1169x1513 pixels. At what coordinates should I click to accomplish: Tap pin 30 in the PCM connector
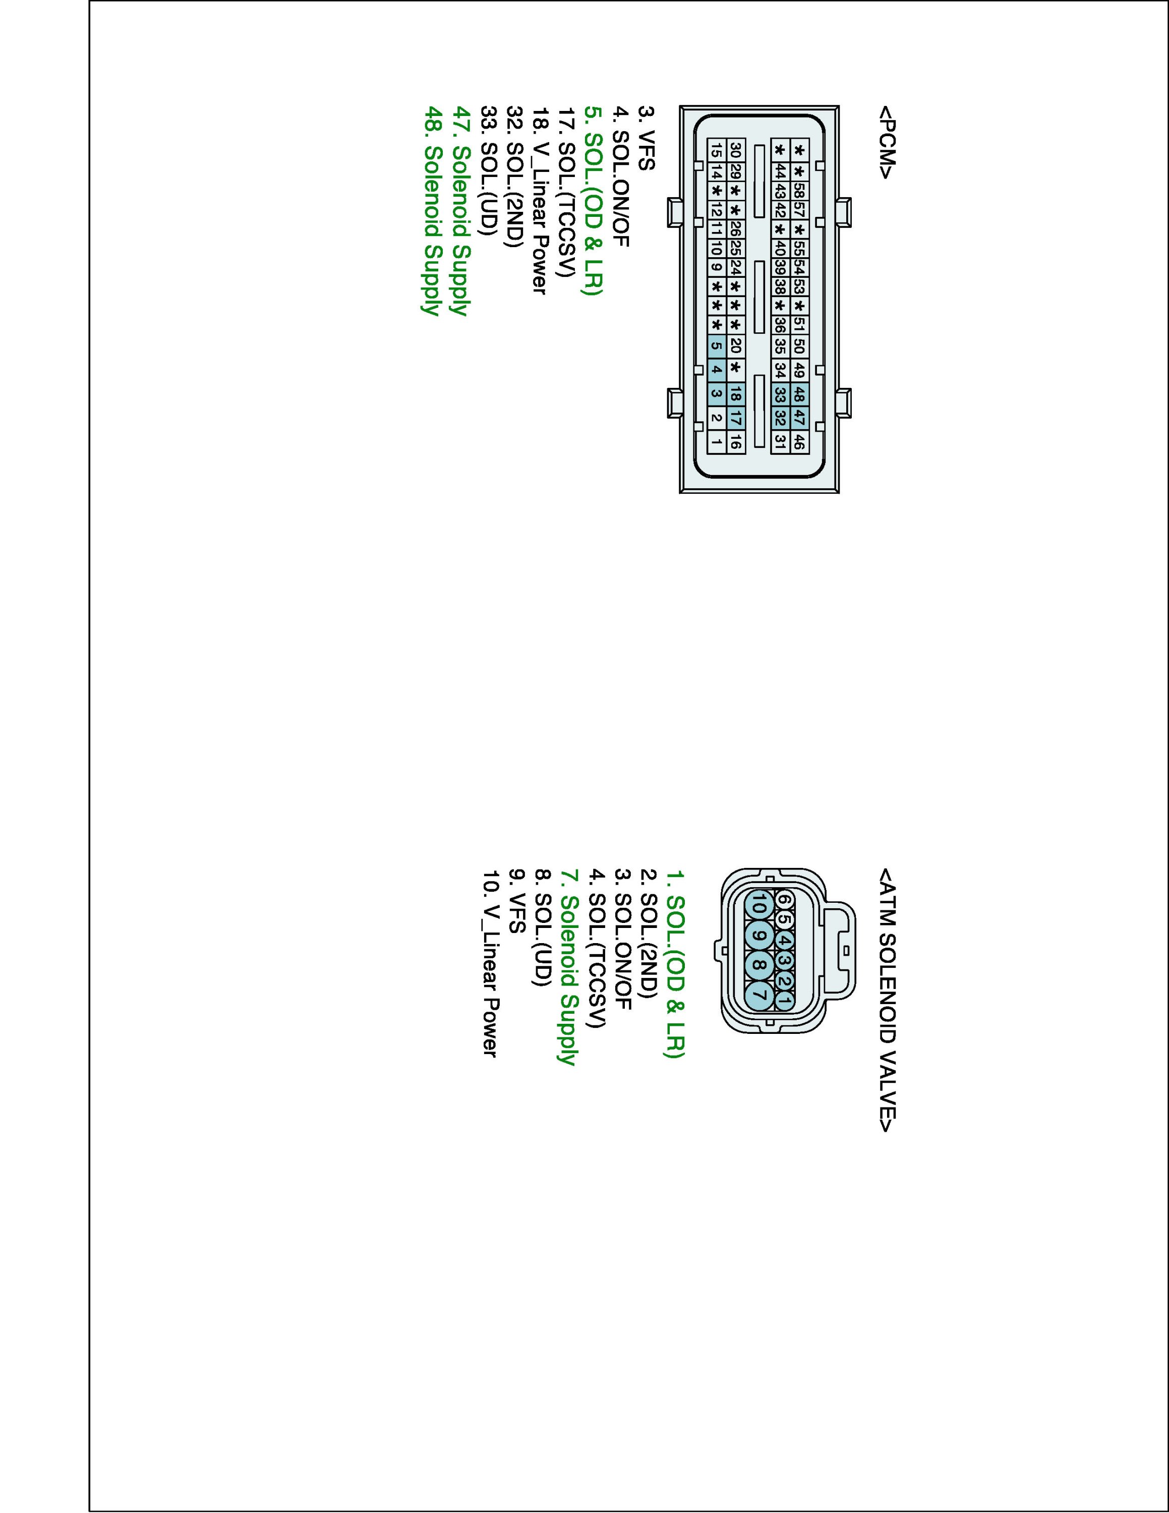coord(735,150)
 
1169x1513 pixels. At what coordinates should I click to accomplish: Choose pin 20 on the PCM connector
coord(735,345)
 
